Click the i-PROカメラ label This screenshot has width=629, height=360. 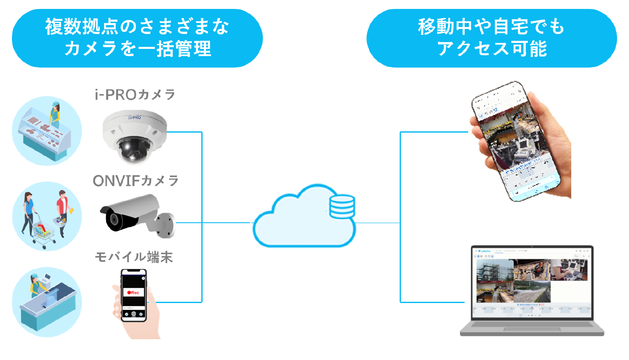135,94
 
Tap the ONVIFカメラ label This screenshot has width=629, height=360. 136,181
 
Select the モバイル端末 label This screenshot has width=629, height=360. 134,257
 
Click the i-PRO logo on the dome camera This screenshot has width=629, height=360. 135,117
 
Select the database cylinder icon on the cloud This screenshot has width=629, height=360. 342,206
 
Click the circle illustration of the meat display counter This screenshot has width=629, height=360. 47,131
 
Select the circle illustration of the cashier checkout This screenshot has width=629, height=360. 47,302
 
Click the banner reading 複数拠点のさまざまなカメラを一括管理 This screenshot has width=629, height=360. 137,38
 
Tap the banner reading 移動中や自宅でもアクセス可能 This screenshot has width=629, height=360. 491,38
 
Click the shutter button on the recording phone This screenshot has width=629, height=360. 134,314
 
